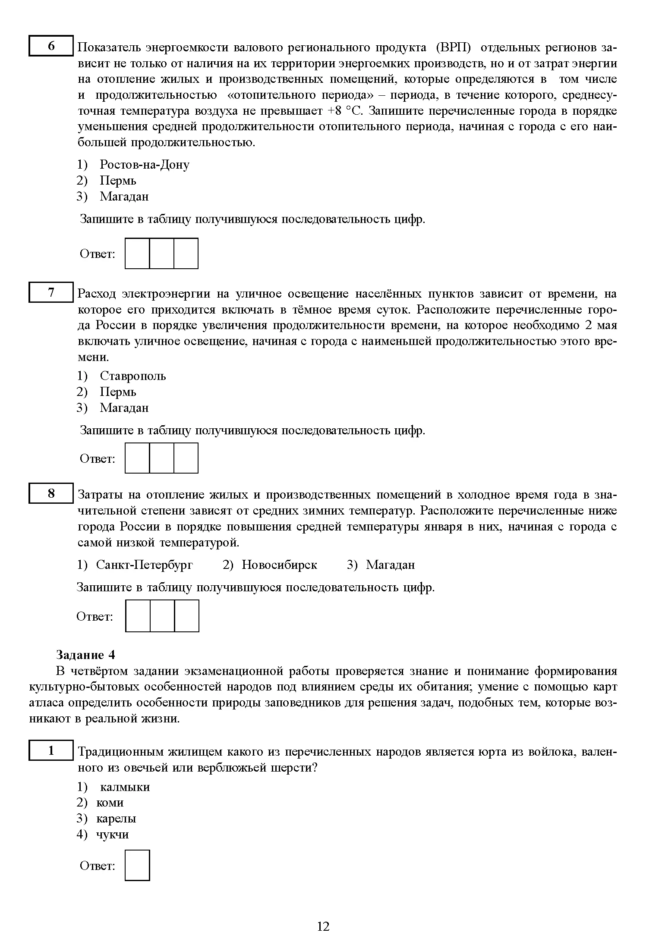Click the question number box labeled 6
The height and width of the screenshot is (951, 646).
click(51, 46)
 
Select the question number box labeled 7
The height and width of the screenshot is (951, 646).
click(51, 292)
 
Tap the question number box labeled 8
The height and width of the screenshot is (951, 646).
click(51, 493)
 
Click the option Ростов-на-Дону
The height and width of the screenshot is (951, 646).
click(144, 164)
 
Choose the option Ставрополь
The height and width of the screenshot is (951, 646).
click(132, 376)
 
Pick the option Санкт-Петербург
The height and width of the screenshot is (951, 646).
click(144, 565)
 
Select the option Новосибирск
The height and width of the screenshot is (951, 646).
click(279, 565)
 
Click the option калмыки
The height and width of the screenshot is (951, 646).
click(125, 787)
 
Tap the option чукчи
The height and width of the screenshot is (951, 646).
click(112, 834)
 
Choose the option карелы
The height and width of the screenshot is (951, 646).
click(116, 818)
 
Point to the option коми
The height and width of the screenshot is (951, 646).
click(110, 802)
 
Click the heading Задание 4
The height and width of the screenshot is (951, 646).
click(85, 655)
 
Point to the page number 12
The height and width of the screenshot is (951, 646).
click(323, 926)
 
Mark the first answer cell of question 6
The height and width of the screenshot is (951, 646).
click(137, 253)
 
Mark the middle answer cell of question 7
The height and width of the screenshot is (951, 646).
click(162, 458)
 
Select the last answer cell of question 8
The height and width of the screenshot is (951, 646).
click(187, 615)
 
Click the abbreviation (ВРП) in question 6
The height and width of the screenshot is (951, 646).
click(454, 47)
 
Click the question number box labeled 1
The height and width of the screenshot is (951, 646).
click(51, 750)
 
